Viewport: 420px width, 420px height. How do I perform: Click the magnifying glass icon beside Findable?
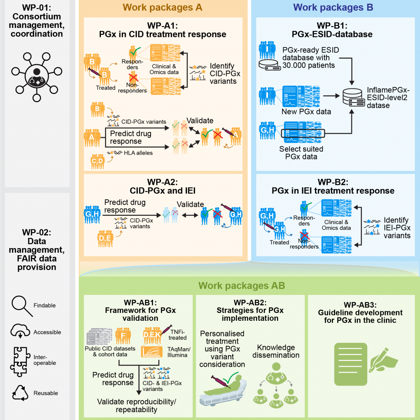tap(22, 305)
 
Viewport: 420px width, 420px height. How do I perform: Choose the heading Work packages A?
tap(162, 7)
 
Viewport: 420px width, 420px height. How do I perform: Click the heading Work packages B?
tap(333, 7)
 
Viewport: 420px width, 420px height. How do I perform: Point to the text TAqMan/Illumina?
tap(178, 352)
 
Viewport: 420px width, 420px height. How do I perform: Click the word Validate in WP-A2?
tap(190, 204)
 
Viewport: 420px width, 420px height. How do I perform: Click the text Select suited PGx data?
tap(301, 153)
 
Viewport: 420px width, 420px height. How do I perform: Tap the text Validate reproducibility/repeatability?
tap(136, 405)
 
